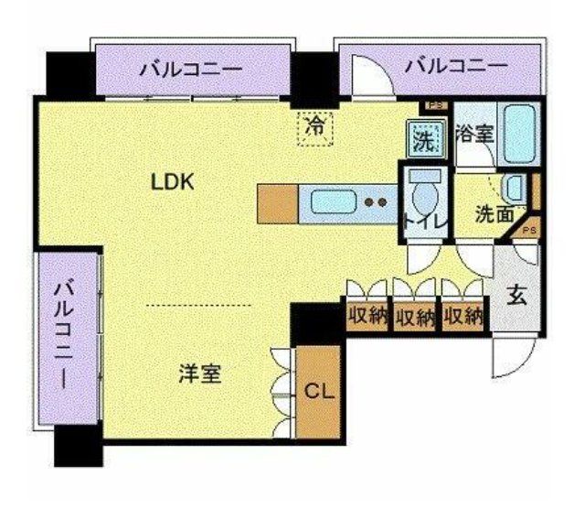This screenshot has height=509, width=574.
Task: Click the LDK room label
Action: click(x=173, y=181)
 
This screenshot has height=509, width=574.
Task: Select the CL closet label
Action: click(x=318, y=392)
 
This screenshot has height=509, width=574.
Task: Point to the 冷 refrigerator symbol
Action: click(x=315, y=126)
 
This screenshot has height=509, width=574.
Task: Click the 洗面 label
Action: click(x=494, y=216)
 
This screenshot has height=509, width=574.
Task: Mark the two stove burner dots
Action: click(x=374, y=200)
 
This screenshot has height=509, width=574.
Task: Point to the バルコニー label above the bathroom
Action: click(x=456, y=65)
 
